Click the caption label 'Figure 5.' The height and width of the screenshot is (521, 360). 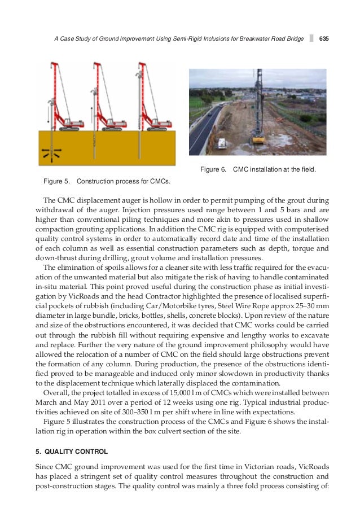(x=56, y=181)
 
